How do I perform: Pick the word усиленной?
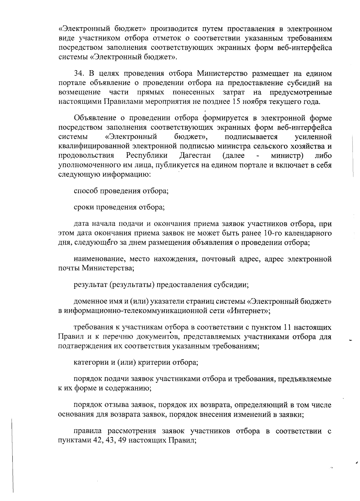[x=313, y=137]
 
